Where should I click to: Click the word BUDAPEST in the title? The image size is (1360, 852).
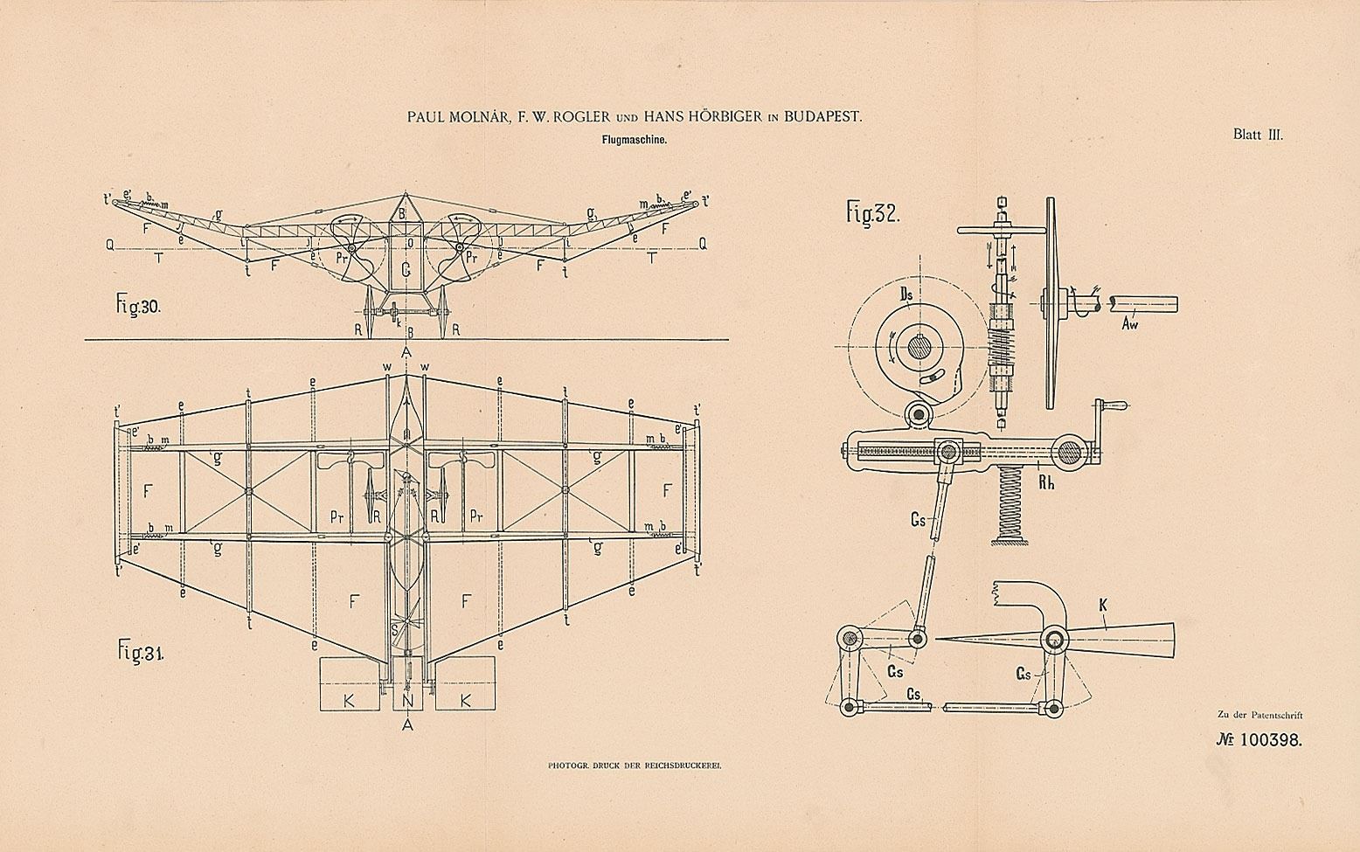click(x=823, y=116)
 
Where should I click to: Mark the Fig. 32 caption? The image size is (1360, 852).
click(x=873, y=214)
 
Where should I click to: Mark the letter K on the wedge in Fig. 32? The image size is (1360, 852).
click(x=1105, y=625)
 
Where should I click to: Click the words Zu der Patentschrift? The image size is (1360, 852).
click(x=1259, y=714)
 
